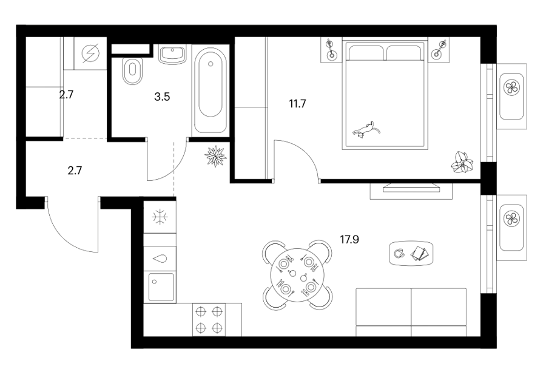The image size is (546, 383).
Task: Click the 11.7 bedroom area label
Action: coord(297,104)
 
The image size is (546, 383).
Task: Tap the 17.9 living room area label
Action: coord(349,239)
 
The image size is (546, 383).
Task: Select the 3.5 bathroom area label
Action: coord(162,97)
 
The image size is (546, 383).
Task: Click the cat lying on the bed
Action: coord(366,130)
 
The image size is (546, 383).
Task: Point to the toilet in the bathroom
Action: coord(133,71)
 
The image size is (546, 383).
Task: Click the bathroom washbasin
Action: coord(172,55)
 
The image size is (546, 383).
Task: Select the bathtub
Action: coord(210,90)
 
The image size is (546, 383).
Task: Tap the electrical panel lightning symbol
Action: coord(90,53)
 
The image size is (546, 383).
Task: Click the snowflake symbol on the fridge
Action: coord(160,217)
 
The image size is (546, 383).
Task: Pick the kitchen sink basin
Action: coord(161,287)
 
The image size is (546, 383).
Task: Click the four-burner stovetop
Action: coord(209,320)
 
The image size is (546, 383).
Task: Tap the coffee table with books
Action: coord(411,253)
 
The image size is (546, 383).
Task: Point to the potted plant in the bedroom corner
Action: coord(462,163)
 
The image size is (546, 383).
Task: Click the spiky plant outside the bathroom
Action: coord(216,156)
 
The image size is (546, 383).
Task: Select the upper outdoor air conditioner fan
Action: coord(511,87)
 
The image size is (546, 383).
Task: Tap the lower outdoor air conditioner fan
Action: coord(511,219)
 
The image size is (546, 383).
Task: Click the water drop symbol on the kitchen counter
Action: coord(160,259)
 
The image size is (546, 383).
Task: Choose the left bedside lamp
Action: coord(331,50)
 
